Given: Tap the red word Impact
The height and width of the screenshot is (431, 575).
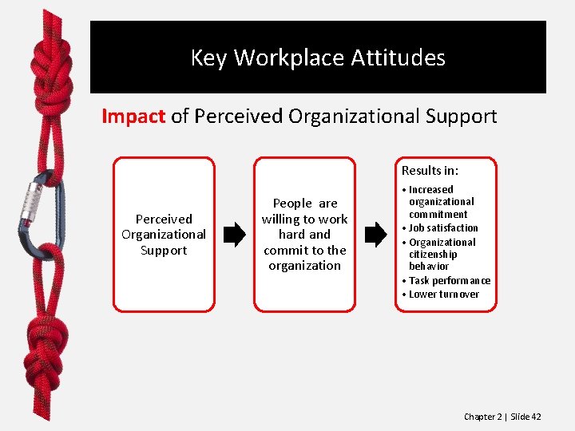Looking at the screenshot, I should pyautogui.click(x=133, y=117).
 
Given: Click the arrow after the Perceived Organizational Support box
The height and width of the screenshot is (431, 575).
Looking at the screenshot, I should pyautogui.click(x=234, y=235).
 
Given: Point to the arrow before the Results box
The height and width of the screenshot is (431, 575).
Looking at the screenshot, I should pyautogui.click(x=375, y=235).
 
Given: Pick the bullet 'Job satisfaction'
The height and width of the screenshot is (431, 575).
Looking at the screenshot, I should pyautogui.click(x=443, y=228).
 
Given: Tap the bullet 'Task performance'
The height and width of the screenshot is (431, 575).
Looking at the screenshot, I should pyautogui.click(x=450, y=281).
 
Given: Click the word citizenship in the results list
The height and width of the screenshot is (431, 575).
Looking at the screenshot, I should pyautogui.click(x=433, y=255).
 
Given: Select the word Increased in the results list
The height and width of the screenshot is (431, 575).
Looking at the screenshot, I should pyautogui.click(x=430, y=190).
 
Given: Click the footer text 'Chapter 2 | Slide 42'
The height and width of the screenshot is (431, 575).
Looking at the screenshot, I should pyautogui.click(x=502, y=417).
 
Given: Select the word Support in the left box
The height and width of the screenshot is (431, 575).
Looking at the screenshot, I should pyautogui.click(x=163, y=251).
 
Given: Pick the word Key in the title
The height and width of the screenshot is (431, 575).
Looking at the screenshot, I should pyautogui.click(x=209, y=58).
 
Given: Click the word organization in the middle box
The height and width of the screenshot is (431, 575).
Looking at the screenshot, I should pyautogui.click(x=304, y=266).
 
